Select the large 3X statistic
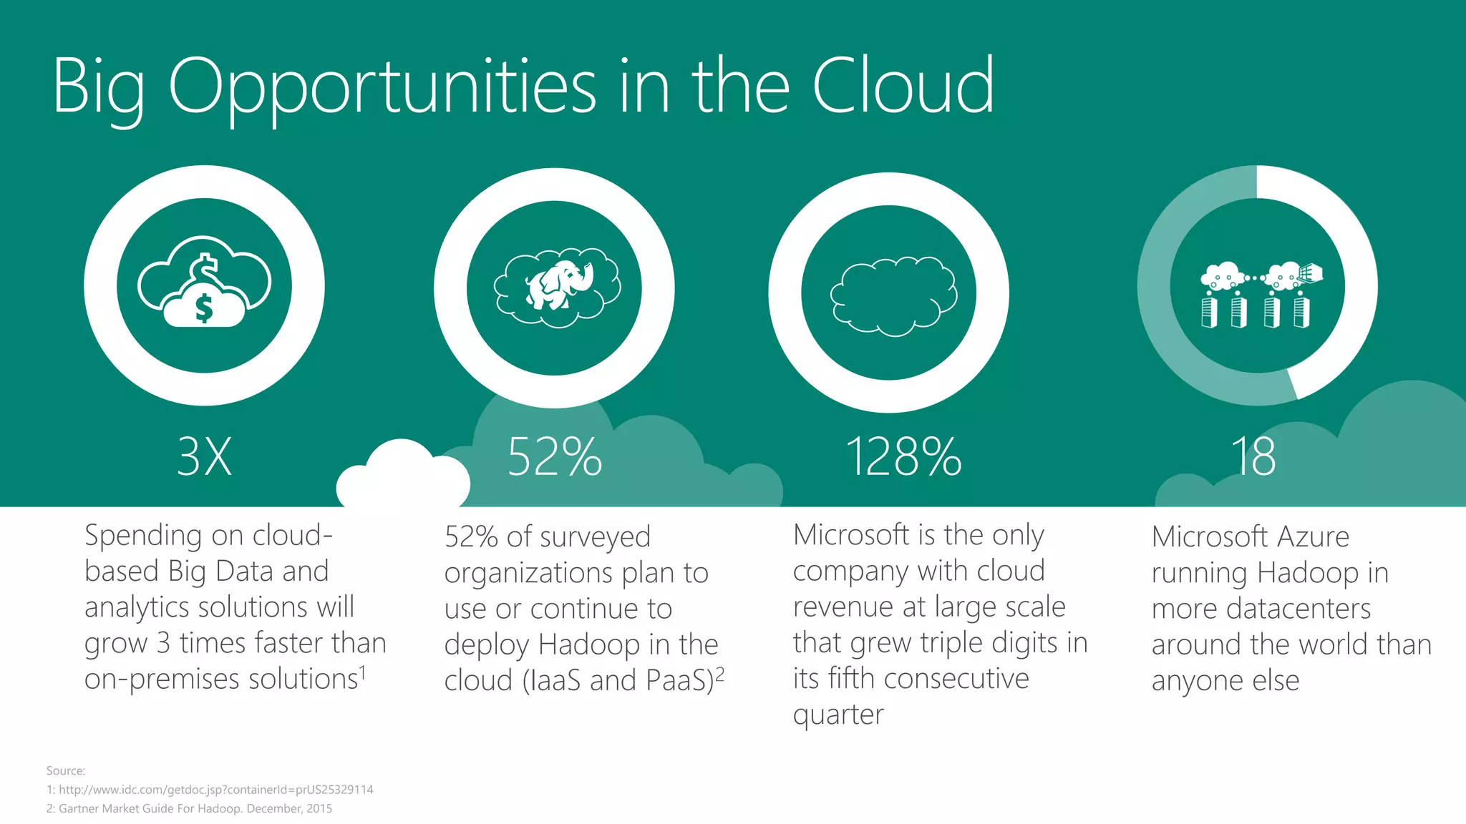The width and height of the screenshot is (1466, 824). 205,456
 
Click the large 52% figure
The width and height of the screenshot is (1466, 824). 555,456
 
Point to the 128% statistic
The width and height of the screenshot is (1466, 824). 903,456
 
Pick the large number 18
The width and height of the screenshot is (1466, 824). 1253,456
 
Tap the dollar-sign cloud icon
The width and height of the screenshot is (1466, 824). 205,283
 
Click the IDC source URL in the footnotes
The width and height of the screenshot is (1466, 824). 215,790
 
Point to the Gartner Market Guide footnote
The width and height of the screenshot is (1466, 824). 195,808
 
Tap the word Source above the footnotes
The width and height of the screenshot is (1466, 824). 65,770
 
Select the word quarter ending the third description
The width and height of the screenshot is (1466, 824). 838,715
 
